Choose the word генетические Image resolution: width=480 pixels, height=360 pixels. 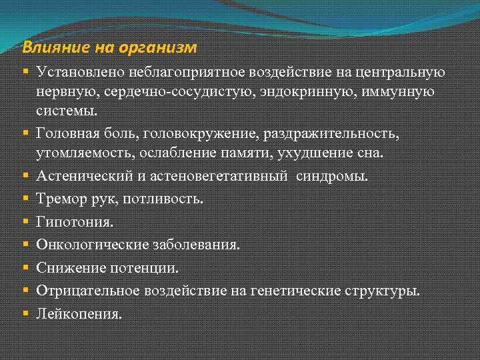(301, 290)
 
